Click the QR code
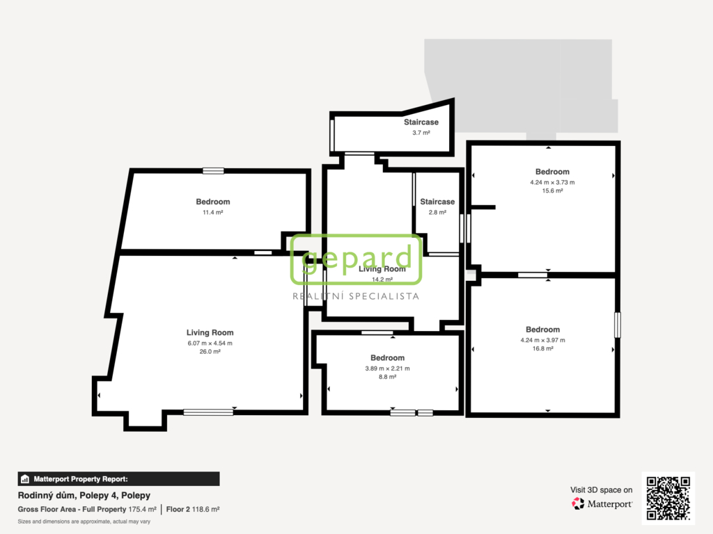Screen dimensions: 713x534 click(x=668, y=498)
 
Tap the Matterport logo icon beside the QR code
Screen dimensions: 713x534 click(x=578, y=503)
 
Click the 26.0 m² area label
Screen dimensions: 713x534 click(x=210, y=351)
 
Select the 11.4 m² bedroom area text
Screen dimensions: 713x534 click(x=213, y=212)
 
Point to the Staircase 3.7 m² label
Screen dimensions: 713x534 click(x=421, y=127)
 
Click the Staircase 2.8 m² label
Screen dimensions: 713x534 click(x=437, y=206)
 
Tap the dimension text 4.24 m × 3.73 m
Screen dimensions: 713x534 click(x=552, y=182)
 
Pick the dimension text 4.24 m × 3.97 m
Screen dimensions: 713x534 click(x=542, y=340)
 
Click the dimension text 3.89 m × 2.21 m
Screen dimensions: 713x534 click(x=387, y=369)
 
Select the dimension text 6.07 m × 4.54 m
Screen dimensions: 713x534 click(x=210, y=343)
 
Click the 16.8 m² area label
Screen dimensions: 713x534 click(x=542, y=349)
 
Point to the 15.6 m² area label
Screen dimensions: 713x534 click(x=552, y=191)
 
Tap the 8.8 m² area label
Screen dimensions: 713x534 click(x=387, y=377)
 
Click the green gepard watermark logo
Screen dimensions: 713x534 click(x=356, y=259)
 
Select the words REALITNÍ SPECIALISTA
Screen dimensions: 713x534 click(x=356, y=296)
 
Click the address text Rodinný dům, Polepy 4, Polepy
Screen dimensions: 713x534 click(x=84, y=495)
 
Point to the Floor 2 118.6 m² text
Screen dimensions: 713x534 click(x=193, y=510)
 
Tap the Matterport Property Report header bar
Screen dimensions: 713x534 click(x=118, y=479)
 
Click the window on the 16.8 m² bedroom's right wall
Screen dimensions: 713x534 click(x=618, y=325)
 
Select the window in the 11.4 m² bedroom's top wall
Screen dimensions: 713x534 click(x=213, y=171)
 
